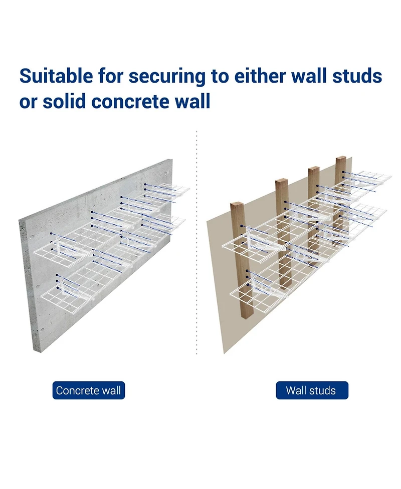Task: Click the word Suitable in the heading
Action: pos(56,76)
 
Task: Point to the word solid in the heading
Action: pos(67,102)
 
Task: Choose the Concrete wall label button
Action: pos(89,390)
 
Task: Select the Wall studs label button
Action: pos(311,390)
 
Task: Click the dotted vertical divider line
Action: pos(196,250)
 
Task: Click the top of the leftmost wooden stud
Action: pos(237,205)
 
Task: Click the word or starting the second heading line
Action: pos(28,102)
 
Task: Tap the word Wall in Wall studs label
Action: pos(296,390)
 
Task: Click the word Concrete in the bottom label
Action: pos(78,390)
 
